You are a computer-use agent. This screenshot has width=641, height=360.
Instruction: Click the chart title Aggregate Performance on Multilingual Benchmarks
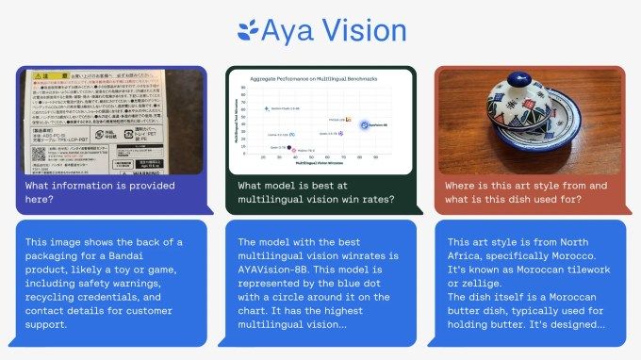314,78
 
